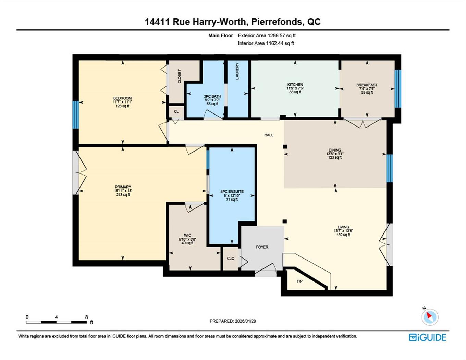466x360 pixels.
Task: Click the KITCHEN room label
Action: pyautogui.click(x=295, y=85)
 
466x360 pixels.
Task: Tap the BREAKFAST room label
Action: pyautogui.click(x=367, y=85)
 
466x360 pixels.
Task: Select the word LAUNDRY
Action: pyautogui.click(x=237, y=71)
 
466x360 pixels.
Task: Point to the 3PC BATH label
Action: pyautogui.click(x=212, y=97)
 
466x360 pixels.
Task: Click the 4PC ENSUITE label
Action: pyautogui.click(x=232, y=192)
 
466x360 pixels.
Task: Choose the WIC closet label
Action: pyautogui.click(x=187, y=235)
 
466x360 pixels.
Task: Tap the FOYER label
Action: pyautogui.click(x=262, y=247)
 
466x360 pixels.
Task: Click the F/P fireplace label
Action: pyautogui.click(x=299, y=281)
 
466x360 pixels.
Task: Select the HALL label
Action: pyautogui.click(x=269, y=135)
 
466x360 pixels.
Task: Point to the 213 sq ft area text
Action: pyautogui.click(x=123, y=195)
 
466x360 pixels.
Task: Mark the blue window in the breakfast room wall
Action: pyautogui.click(x=398, y=88)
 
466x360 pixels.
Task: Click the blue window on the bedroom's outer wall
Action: pyautogui.click(x=76, y=115)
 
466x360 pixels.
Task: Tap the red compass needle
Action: pyautogui.click(x=429, y=315)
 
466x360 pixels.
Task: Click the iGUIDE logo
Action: pyautogui.click(x=427, y=337)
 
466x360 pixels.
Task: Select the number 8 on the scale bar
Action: pyautogui.click(x=86, y=317)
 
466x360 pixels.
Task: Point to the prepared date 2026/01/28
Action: pyautogui.click(x=245, y=321)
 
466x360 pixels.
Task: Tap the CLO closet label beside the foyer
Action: pyautogui.click(x=231, y=259)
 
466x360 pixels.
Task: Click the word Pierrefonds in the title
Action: pyautogui.click(x=277, y=22)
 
